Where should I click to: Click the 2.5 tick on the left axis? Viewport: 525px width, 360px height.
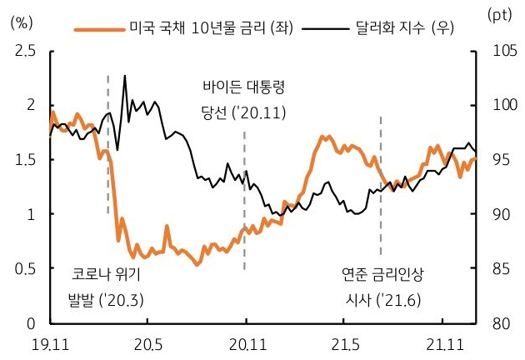(x=25, y=52)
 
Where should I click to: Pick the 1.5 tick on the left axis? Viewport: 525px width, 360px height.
(x=25, y=160)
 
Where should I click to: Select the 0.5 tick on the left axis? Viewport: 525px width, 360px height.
(x=25, y=269)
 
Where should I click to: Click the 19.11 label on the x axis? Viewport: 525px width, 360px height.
(x=49, y=343)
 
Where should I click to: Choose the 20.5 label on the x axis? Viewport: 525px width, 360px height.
(x=147, y=343)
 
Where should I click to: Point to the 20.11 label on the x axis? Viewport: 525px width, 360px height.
(x=245, y=343)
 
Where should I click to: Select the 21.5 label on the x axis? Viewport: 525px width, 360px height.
(x=344, y=343)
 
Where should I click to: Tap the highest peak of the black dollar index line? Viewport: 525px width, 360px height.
(x=125, y=76)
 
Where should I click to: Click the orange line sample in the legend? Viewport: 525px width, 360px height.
(x=98, y=29)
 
